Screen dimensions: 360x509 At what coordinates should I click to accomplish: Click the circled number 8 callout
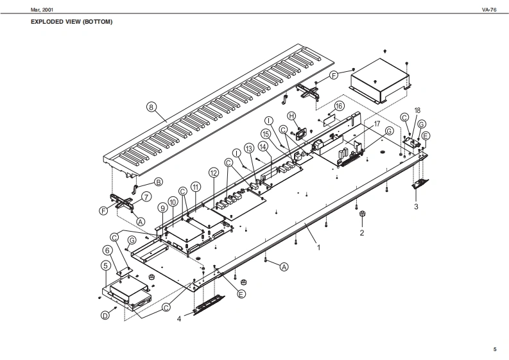coord(151,107)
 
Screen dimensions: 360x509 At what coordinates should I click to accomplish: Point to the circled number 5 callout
coord(105,264)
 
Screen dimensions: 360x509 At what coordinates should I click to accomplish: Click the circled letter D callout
coord(105,316)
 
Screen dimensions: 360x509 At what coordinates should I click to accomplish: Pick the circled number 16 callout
coord(340,105)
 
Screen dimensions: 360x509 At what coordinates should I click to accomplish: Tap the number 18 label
coord(417,110)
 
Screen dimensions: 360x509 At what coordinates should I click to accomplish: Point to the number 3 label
coord(416,207)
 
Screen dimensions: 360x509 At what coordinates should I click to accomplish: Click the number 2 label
coord(362,233)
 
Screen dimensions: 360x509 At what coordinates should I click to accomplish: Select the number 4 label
coord(179,317)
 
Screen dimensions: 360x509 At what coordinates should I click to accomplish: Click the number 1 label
coord(318,244)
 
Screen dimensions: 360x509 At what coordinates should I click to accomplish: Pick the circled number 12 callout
coord(214,173)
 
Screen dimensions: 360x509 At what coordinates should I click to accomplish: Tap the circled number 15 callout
coord(264,133)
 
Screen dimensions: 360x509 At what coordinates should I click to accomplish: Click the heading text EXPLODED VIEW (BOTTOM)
coord(72,22)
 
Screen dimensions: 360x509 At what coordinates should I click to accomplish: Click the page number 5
coord(494,348)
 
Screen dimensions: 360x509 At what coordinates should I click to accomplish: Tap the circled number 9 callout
coord(163,209)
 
